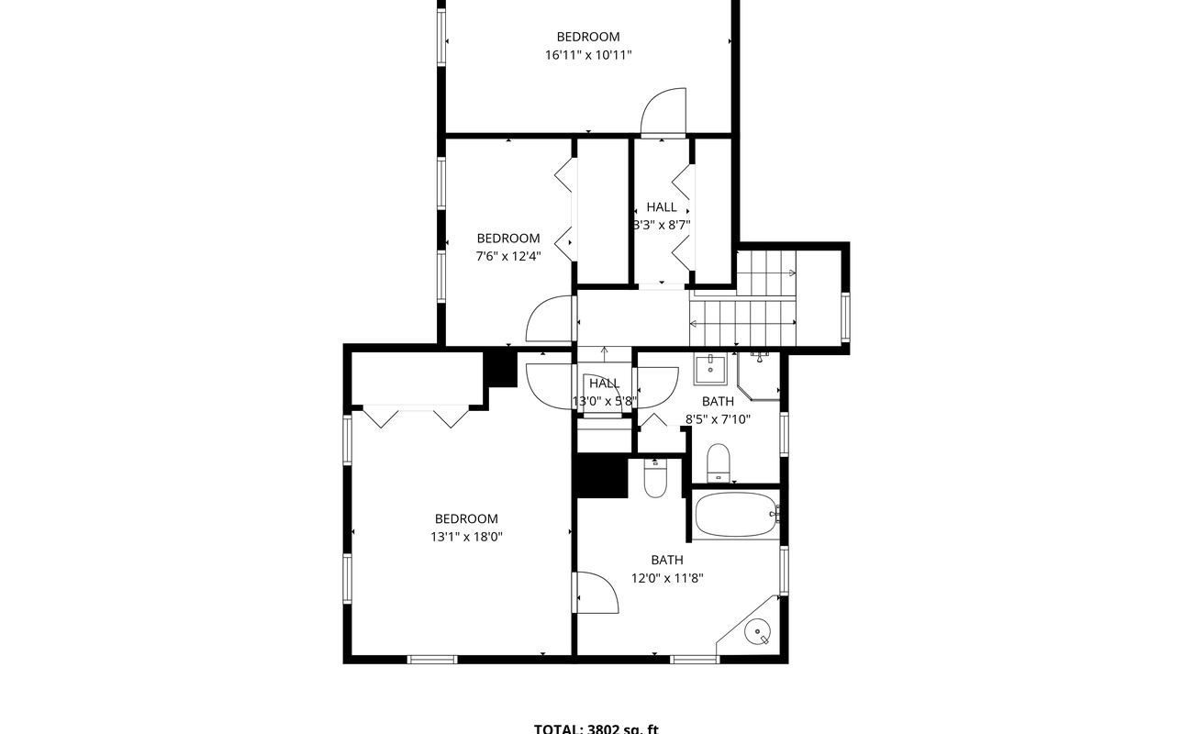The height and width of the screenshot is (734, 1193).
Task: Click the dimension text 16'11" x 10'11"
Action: [x=588, y=55]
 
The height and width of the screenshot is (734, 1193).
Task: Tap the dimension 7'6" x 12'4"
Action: [x=507, y=257]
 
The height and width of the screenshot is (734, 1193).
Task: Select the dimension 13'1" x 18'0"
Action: [x=466, y=538]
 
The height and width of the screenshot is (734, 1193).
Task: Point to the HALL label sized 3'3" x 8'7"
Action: [x=661, y=207]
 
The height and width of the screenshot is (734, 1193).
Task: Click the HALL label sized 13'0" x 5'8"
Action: [x=604, y=384]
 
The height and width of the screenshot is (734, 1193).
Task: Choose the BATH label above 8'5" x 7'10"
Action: [x=718, y=402]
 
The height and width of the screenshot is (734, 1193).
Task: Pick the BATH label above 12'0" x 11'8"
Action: [x=667, y=560]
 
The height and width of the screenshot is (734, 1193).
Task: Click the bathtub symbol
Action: [x=736, y=516]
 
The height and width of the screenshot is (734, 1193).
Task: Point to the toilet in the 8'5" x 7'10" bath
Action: [x=718, y=462]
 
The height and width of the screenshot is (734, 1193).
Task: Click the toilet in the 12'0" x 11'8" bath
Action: [x=654, y=478]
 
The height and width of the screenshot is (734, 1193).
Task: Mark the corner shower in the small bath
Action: [x=761, y=376]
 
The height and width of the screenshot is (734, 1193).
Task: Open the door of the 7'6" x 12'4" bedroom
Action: [x=551, y=319]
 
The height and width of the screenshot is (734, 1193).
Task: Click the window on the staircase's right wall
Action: [x=845, y=317]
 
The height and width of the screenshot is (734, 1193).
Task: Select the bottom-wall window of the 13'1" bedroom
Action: [x=432, y=659]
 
